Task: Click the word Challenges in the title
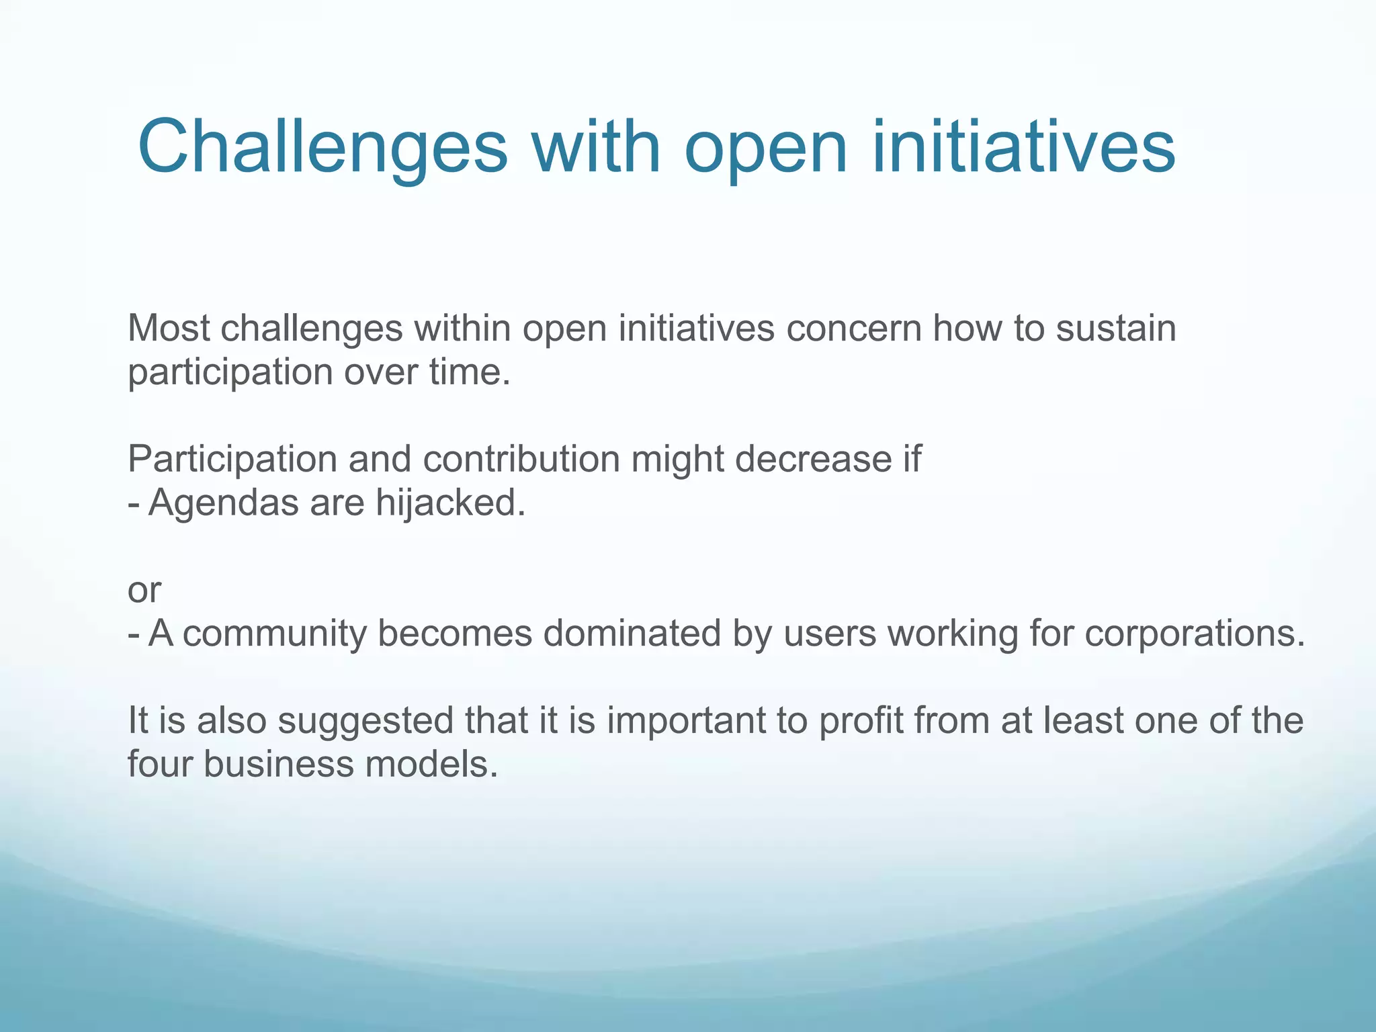[322, 148]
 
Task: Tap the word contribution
[521, 460]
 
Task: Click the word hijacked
[449, 503]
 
